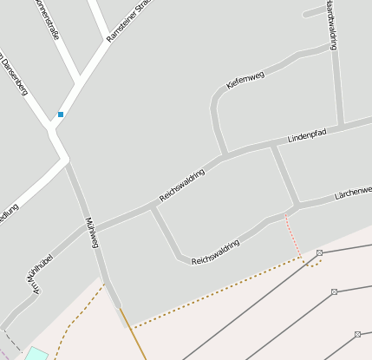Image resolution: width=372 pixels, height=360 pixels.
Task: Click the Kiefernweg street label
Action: click(245, 79)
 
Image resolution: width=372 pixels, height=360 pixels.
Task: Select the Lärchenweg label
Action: click(353, 193)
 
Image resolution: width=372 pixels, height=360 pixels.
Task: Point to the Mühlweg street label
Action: click(91, 232)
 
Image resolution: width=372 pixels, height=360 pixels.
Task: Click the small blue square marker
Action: click(61, 115)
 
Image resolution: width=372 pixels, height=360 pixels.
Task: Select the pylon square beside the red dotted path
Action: click(319, 252)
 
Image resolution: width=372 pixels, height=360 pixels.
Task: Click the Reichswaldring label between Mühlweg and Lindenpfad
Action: click(181, 185)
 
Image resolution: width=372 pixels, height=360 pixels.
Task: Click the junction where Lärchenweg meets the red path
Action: click(287, 211)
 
